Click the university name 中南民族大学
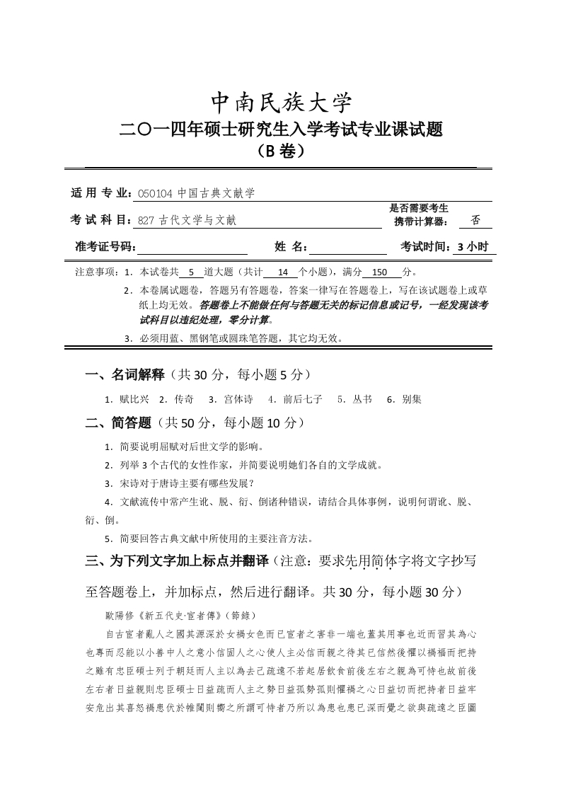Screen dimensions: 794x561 [282, 103]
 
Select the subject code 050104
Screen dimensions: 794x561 [153, 193]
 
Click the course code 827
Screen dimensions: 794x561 [146, 221]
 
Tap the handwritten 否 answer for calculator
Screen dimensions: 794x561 [475, 220]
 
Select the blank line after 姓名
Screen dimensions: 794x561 [347, 247]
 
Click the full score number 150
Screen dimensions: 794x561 [381, 272]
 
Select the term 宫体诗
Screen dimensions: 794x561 [238, 399]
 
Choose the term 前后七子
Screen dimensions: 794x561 [303, 399]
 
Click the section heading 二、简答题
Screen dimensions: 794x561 [118, 423]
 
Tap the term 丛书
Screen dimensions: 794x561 [362, 399]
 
